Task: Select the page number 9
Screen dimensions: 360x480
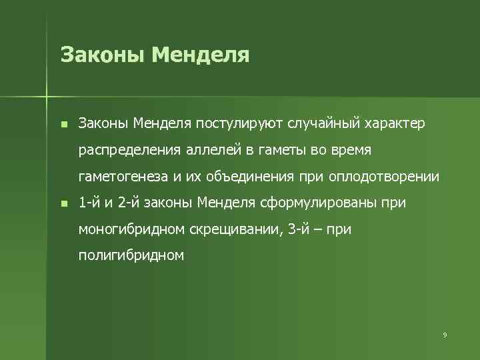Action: [x=445, y=335]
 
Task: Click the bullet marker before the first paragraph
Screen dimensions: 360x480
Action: [x=63, y=124]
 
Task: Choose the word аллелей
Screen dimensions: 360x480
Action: [x=214, y=150]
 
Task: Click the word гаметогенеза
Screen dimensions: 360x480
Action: [x=121, y=177]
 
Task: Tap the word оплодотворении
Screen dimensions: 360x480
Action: [x=385, y=177]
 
